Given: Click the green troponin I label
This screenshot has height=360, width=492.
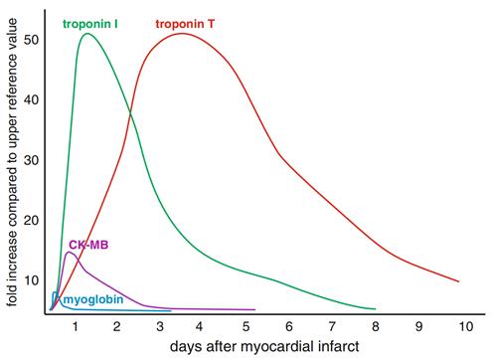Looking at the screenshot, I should [x=91, y=22].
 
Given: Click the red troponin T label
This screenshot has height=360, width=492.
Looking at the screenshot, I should [x=188, y=22].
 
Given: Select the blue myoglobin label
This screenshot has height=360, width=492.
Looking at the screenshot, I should [x=89, y=298].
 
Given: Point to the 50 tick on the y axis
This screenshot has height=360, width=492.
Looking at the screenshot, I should [x=32, y=40].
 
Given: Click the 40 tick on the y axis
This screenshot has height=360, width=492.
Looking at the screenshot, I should [x=32, y=99].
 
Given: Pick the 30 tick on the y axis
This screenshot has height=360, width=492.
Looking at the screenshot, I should [x=32, y=160].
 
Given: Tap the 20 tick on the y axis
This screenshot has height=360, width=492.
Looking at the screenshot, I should [x=32, y=221].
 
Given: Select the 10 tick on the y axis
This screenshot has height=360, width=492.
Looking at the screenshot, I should [x=32, y=281].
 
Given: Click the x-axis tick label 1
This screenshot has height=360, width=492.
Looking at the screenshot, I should [x=74, y=326].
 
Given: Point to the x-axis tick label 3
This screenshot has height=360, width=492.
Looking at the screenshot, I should [x=159, y=326].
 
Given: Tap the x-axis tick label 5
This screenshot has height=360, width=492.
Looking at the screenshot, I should [x=246, y=326].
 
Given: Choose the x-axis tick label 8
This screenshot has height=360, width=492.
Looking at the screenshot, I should [x=374, y=326].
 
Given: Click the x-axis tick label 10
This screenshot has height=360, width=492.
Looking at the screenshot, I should [x=459, y=326].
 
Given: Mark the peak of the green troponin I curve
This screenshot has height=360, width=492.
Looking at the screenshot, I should [x=87, y=34].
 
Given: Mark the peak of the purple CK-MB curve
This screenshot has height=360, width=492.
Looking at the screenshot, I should [x=70, y=253].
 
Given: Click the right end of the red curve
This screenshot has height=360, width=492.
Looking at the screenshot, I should [x=458, y=281].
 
